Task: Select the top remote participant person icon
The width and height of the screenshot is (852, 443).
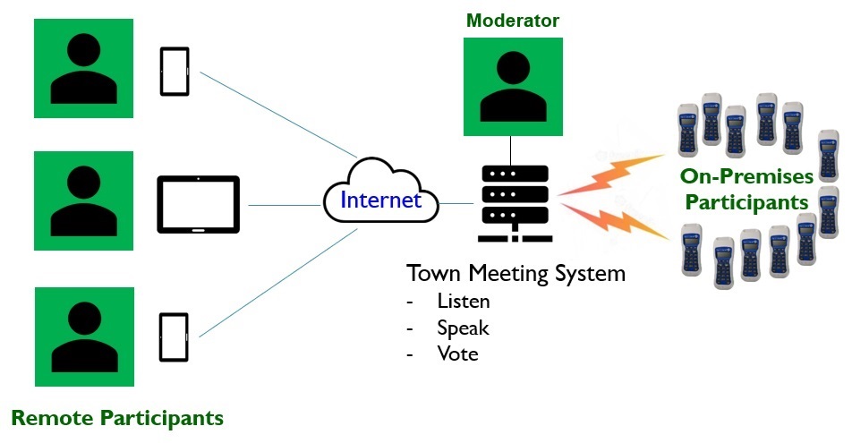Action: [x=84, y=68]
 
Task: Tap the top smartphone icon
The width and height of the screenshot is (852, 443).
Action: [x=174, y=71]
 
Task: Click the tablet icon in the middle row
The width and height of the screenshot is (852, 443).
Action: [x=199, y=205]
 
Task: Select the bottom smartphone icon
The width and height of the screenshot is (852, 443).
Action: [x=174, y=337]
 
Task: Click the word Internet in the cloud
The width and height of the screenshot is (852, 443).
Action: [x=380, y=199]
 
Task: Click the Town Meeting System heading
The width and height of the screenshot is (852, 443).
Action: [x=515, y=273]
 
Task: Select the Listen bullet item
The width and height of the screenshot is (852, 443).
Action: [x=463, y=302]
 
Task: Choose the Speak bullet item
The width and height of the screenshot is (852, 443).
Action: [x=463, y=328]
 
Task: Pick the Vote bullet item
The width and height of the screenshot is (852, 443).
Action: [x=457, y=354]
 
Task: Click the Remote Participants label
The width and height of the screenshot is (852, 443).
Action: [x=117, y=418]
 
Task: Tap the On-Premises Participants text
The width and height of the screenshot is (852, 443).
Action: [x=746, y=188]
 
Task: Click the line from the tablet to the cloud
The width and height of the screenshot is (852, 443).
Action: [x=285, y=205]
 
